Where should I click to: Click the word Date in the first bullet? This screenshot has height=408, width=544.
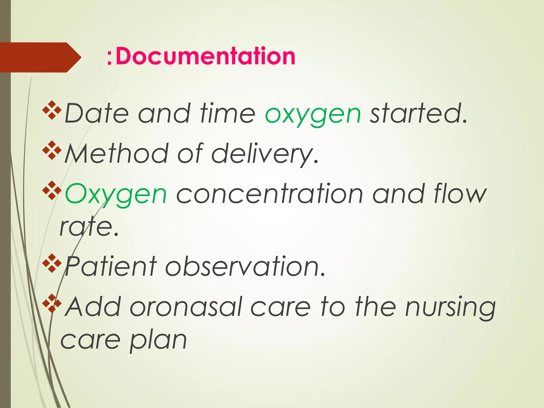pos(97,114)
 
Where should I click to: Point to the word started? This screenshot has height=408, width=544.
pos(418,114)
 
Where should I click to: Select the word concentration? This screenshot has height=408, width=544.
pos(269,194)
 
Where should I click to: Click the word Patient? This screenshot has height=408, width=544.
pos(111,266)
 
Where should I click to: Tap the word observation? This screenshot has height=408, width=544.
pos(245,266)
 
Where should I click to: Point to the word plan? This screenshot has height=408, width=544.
pos(158,341)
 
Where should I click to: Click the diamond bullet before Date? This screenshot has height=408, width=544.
pos(52,110)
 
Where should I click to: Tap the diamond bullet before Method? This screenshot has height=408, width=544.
pos(52,150)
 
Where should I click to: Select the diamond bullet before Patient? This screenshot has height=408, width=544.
pos(52,263)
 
